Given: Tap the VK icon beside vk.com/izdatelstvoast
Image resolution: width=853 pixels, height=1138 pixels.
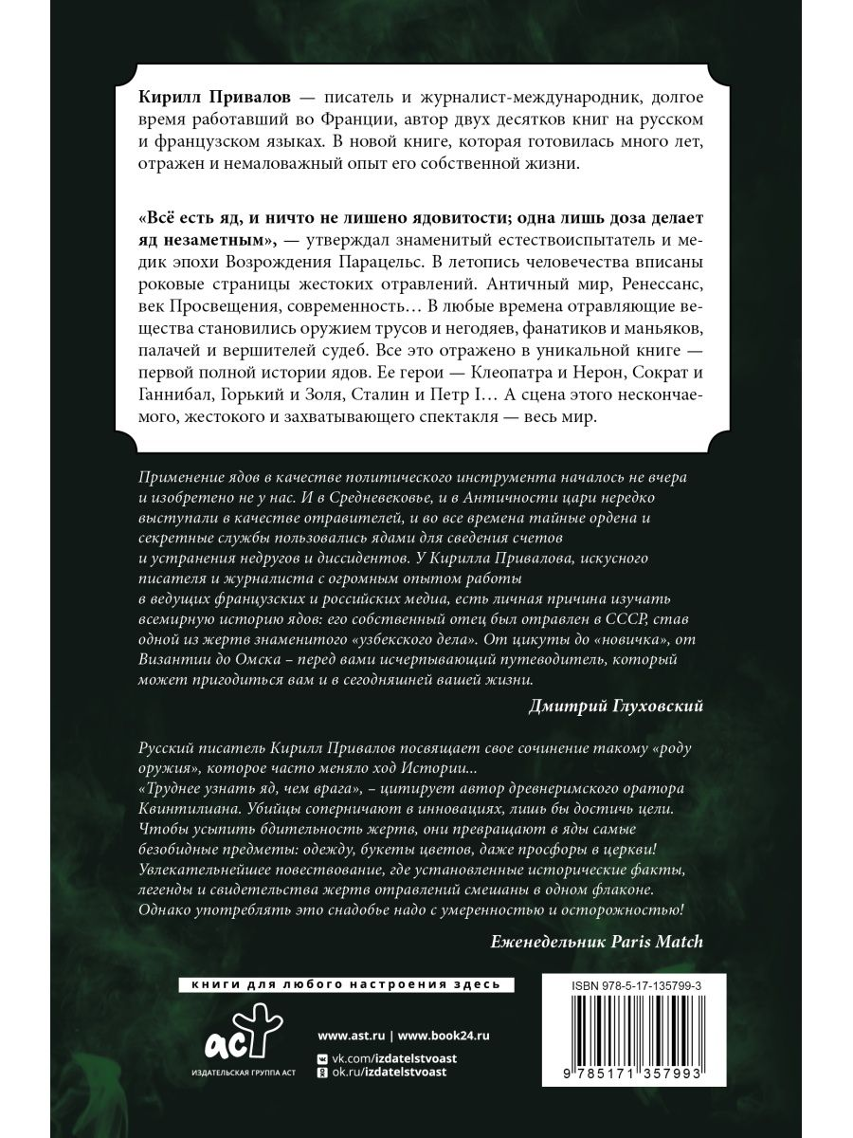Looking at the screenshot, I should [x=323, y=1057].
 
